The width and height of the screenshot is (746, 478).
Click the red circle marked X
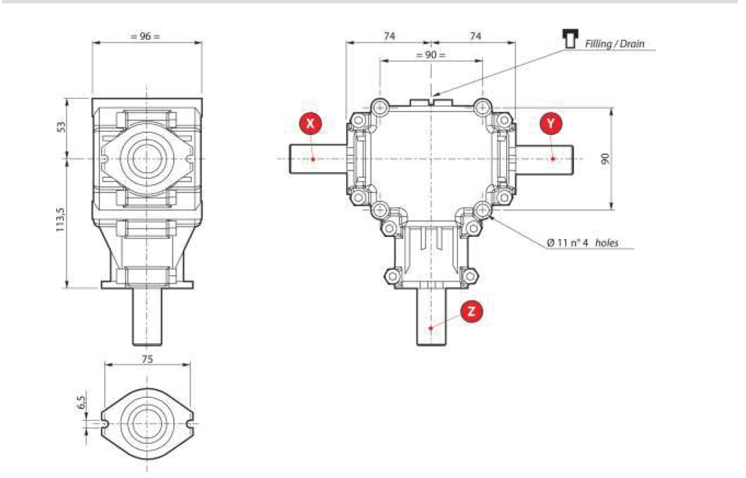[311, 123]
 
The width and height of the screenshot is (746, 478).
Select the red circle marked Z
[471, 311]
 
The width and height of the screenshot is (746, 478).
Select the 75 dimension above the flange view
[147, 359]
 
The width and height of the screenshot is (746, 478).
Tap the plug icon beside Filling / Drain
[568, 39]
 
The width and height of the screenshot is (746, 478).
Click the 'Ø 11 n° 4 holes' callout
[582, 242]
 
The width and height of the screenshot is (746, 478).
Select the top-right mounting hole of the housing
[483, 108]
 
